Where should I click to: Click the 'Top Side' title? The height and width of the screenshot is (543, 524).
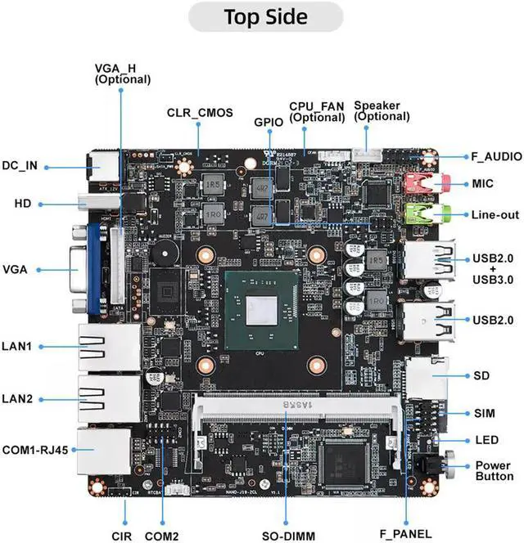click(x=265, y=16)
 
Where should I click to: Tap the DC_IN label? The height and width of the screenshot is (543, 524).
click(x=20, y=166)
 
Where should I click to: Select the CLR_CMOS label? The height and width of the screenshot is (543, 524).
click(x=200, y=113)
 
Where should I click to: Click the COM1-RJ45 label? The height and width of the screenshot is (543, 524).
click(x=35, y=449)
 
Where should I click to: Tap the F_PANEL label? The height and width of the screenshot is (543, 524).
click(x=405, y=535)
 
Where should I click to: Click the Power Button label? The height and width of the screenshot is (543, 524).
click(x=495, y=471)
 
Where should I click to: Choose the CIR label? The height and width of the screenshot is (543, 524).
click(x=122, y=536)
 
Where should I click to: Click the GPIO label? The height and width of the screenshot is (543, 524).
click(x=268, y=123)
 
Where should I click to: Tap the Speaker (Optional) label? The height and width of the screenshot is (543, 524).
click(x=382, y=111)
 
